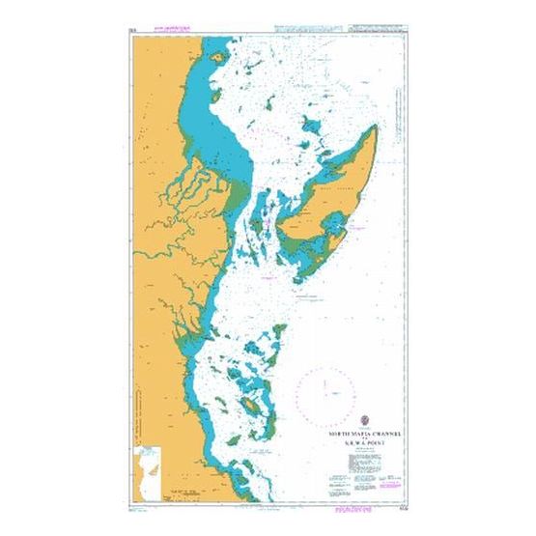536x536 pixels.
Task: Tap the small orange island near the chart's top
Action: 219,59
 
